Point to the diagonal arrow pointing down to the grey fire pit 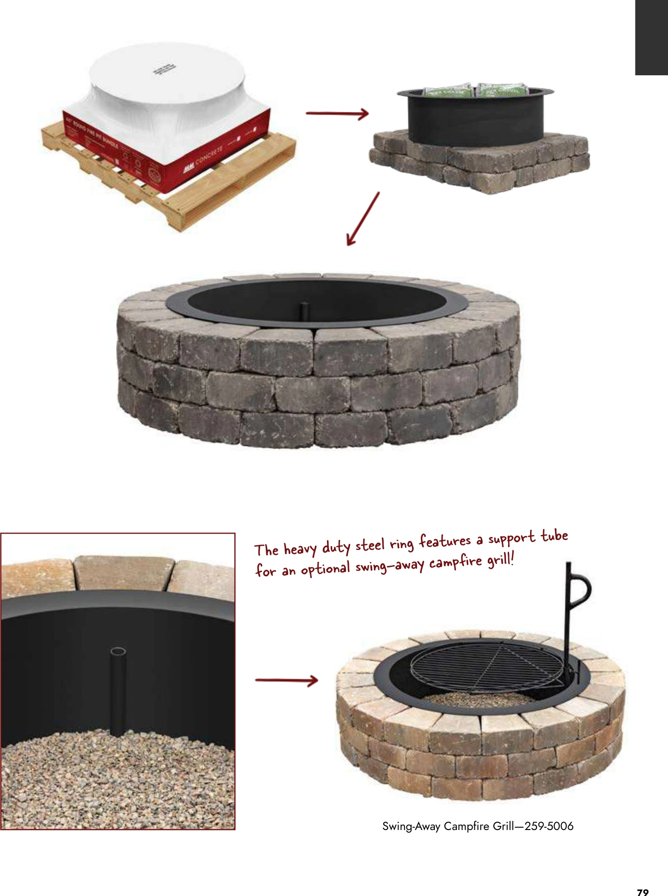(x=363, y=218)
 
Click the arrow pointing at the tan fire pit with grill (x=287, y=680)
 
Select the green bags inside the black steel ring (x=475, y=90)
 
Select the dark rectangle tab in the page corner (x=651, y=37)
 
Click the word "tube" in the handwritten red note (x=554, y=536)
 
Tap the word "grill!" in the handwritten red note (x=501, y=560)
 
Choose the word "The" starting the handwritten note (x=267, y=550)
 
